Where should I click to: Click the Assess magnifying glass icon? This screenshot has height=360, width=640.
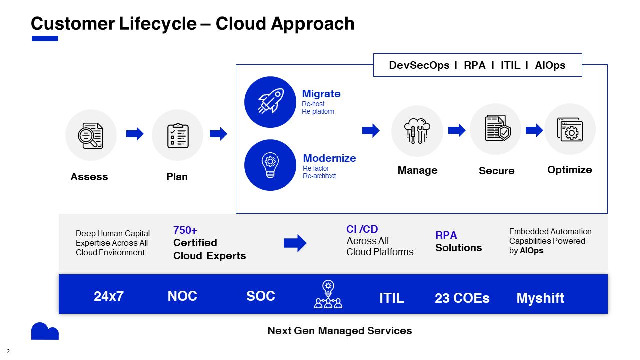[91, 135]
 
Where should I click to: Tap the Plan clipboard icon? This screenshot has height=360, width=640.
[177, 135]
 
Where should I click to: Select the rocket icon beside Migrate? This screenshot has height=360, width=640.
[270, 102]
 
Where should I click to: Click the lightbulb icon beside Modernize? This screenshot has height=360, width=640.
[270, 165]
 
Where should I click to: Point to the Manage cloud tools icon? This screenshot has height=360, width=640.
[417, 131]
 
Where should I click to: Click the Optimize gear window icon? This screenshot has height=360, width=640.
[570, 129]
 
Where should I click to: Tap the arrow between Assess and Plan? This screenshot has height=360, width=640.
[135, 134]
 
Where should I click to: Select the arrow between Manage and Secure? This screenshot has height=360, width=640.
[457, 130]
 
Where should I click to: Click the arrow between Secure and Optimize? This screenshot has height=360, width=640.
[534, 130]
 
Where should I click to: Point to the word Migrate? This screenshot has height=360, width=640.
[321, 94]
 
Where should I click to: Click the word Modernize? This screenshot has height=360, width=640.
[329, 158]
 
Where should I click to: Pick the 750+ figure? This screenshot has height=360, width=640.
[185, 230]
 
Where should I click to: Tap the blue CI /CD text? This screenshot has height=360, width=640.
[362, 229]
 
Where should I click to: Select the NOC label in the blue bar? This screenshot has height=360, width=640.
[182, 296]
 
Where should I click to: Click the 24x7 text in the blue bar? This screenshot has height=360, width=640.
[109, 296]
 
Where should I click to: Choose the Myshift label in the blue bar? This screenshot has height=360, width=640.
[540, 298]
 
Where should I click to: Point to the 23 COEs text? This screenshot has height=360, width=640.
[462, 298]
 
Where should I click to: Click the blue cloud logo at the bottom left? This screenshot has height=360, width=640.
[45, 331]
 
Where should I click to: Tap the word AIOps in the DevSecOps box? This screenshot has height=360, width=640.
[550, 65]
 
